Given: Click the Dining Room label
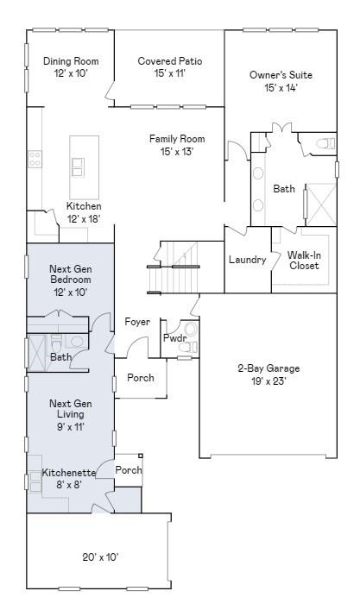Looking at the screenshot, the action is pyautogui.click(x=71, y=61).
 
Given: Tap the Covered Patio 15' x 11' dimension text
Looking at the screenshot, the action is pyautogui.click(x=169, y=73).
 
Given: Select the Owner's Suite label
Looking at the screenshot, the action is pyautogui.click(x=281, y=75).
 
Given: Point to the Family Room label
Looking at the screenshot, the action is pyautogui.click(x=177, y=139).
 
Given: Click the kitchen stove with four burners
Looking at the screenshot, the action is pyautogui.click(x=35, y=159).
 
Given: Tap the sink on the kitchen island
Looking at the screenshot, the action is pyautogui.click(x=77, y=167).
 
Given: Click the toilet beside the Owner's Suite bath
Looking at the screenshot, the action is pyautogui.click(x=325, y=144).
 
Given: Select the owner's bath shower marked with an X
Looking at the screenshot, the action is pyautogui.click(x=321, y=204).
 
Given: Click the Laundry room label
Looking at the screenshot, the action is pyautogui.click(x=248, y=260).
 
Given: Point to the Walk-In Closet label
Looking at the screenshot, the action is pyautogui.click(x=305, y=261).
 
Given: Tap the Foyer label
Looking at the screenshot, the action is pyautogui.click(x=137, y=322).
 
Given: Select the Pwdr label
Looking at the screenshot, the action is pyautogui.click(x=174, y=338).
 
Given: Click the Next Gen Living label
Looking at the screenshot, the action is pyautogui.click(x=71, y=408).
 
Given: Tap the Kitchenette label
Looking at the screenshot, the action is pyautogui.click(x=68, y=473).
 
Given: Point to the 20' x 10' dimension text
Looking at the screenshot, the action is pyautogui.click(x=100, y=557).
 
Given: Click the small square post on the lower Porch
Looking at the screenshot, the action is pyautogui.click(x=141, y=456).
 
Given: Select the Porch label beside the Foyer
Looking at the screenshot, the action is pyautogui.click(x=141, y=377).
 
